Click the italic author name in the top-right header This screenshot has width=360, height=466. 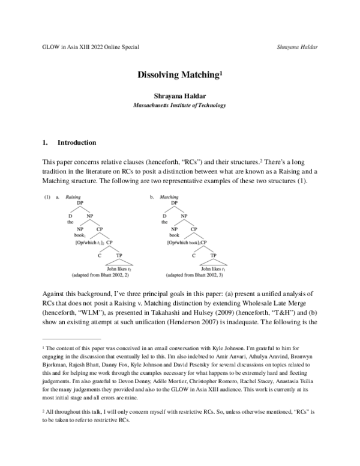tap(298, 47)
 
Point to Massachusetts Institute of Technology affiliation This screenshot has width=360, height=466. tap(179, 105)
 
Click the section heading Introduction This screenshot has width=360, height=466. tap(76, 144)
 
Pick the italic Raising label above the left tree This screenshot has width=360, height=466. tap(73, 196)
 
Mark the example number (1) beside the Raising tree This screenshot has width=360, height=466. tap(47, 196)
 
